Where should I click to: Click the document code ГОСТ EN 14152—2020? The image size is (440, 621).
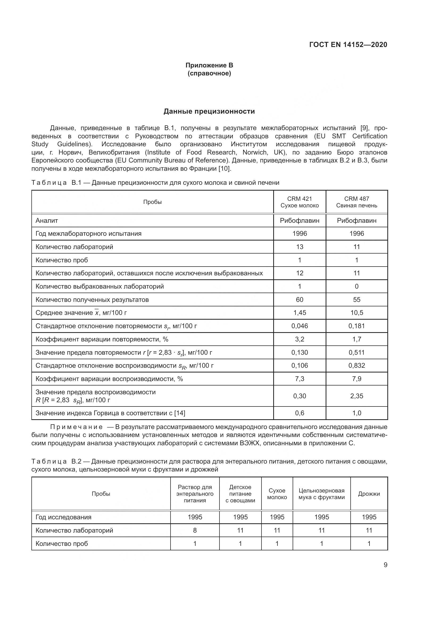click(348, 45)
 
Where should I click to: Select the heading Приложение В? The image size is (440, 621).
click(209, 65)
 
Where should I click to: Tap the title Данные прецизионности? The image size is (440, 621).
click(209, 112)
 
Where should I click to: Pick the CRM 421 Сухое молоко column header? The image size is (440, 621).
click(300, 202)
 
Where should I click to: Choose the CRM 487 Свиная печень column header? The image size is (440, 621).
click(356, 202)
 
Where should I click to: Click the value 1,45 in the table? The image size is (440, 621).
click(300, 313)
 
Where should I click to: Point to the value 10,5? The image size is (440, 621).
click(356, 313)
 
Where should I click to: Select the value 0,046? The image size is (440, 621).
click(300, 326)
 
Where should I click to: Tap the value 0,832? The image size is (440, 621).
click(356, 365)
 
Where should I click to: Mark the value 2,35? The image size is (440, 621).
click(356, 396)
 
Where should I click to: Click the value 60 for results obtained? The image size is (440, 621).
click(300, 300)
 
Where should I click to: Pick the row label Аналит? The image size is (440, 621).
click(47, 221)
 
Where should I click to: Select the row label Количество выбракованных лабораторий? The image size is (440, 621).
click(100, 286)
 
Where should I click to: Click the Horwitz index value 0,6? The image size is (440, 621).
click(300, 413)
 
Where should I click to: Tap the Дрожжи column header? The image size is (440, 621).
click(369, 494)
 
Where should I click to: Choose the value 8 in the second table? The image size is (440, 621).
click(195, 530)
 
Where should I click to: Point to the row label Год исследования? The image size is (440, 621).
click(63, 517)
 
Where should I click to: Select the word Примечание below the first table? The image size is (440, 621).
click(76, 427)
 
